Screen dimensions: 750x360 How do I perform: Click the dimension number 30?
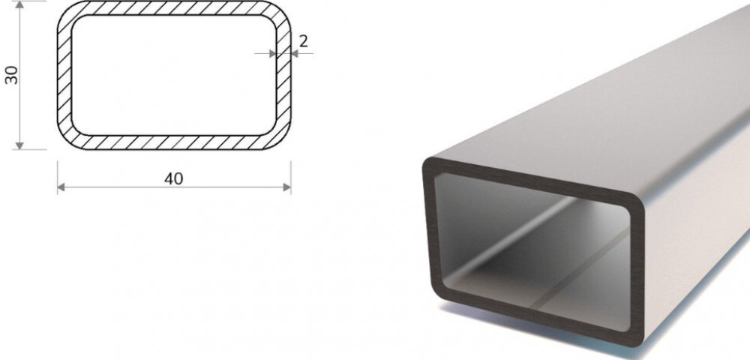[11, 75]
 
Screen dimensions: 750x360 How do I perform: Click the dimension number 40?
[174, 178]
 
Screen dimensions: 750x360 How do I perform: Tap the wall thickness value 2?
[303, 41]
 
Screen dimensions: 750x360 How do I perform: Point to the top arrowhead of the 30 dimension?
[19, 4]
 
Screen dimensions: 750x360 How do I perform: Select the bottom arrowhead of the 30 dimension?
[19, 145]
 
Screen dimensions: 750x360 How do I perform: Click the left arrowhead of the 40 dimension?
[61, 187]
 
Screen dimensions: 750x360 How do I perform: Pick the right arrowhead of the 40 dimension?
[287, 187]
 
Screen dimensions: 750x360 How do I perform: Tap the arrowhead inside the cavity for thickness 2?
[273, 53]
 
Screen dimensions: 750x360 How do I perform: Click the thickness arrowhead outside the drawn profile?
[295, 53]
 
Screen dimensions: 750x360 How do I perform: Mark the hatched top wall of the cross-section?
[174, 8]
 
